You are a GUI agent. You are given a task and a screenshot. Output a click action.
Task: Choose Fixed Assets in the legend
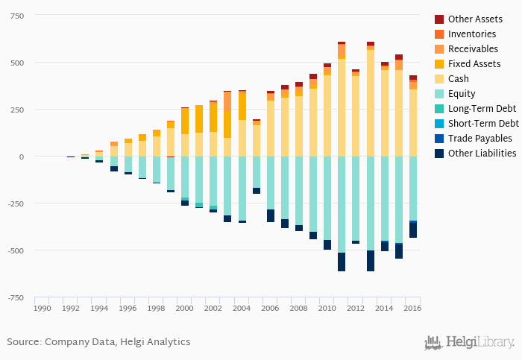click(x=474, y=64)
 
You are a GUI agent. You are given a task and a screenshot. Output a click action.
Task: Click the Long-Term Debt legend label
click(x=481, y=109)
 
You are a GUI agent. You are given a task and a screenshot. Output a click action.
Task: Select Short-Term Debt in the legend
click(x=482, y=124)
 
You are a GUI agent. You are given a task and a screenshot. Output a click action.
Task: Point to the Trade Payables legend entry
click(x=479, y=139)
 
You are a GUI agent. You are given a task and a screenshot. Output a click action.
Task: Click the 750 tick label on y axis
click(x=16, y=16)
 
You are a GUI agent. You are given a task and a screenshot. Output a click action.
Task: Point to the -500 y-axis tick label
click(x=14, y=250)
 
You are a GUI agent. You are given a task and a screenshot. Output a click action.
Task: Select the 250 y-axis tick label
click(x=16, y=110)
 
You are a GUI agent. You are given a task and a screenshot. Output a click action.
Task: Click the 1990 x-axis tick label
click(x=43, y=308)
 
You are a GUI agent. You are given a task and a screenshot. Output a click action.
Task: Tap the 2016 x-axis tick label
click(x=412, y=308)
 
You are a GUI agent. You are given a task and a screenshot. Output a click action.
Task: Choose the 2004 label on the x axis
click(x=242, y=308)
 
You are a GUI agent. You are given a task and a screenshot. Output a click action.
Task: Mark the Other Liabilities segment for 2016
click(x=412, y=230)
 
